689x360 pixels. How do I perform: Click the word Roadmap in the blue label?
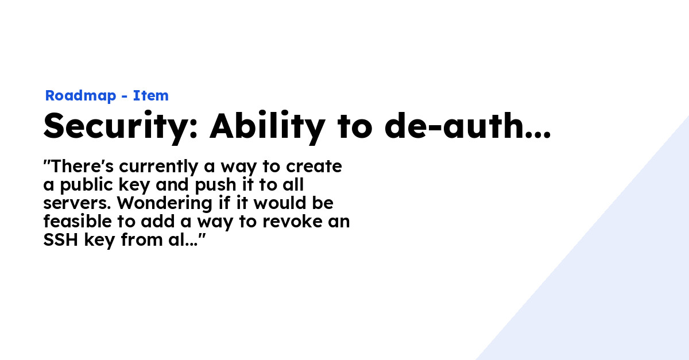(x=80, y=96)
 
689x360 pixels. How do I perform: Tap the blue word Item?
(x=150, y=96)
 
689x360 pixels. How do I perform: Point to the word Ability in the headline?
(x=267, y=126)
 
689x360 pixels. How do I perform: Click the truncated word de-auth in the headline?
(x=467, y=126)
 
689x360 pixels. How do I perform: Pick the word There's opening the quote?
(x=82, y=166)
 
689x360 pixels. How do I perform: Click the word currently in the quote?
(x=158, y=167)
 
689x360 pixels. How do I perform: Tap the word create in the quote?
(x=313, y=167)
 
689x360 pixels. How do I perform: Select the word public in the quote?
(x=86, y=185)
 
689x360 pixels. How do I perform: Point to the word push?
(x=216, y=185)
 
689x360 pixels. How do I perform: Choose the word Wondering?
(x=165, y=204)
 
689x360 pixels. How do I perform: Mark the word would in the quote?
(x=280, y=203)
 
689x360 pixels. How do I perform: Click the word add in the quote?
(x=158, y=221)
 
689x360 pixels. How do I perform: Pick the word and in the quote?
(x=173, y=185)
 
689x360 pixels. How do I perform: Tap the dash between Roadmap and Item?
(x=124, y=96)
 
